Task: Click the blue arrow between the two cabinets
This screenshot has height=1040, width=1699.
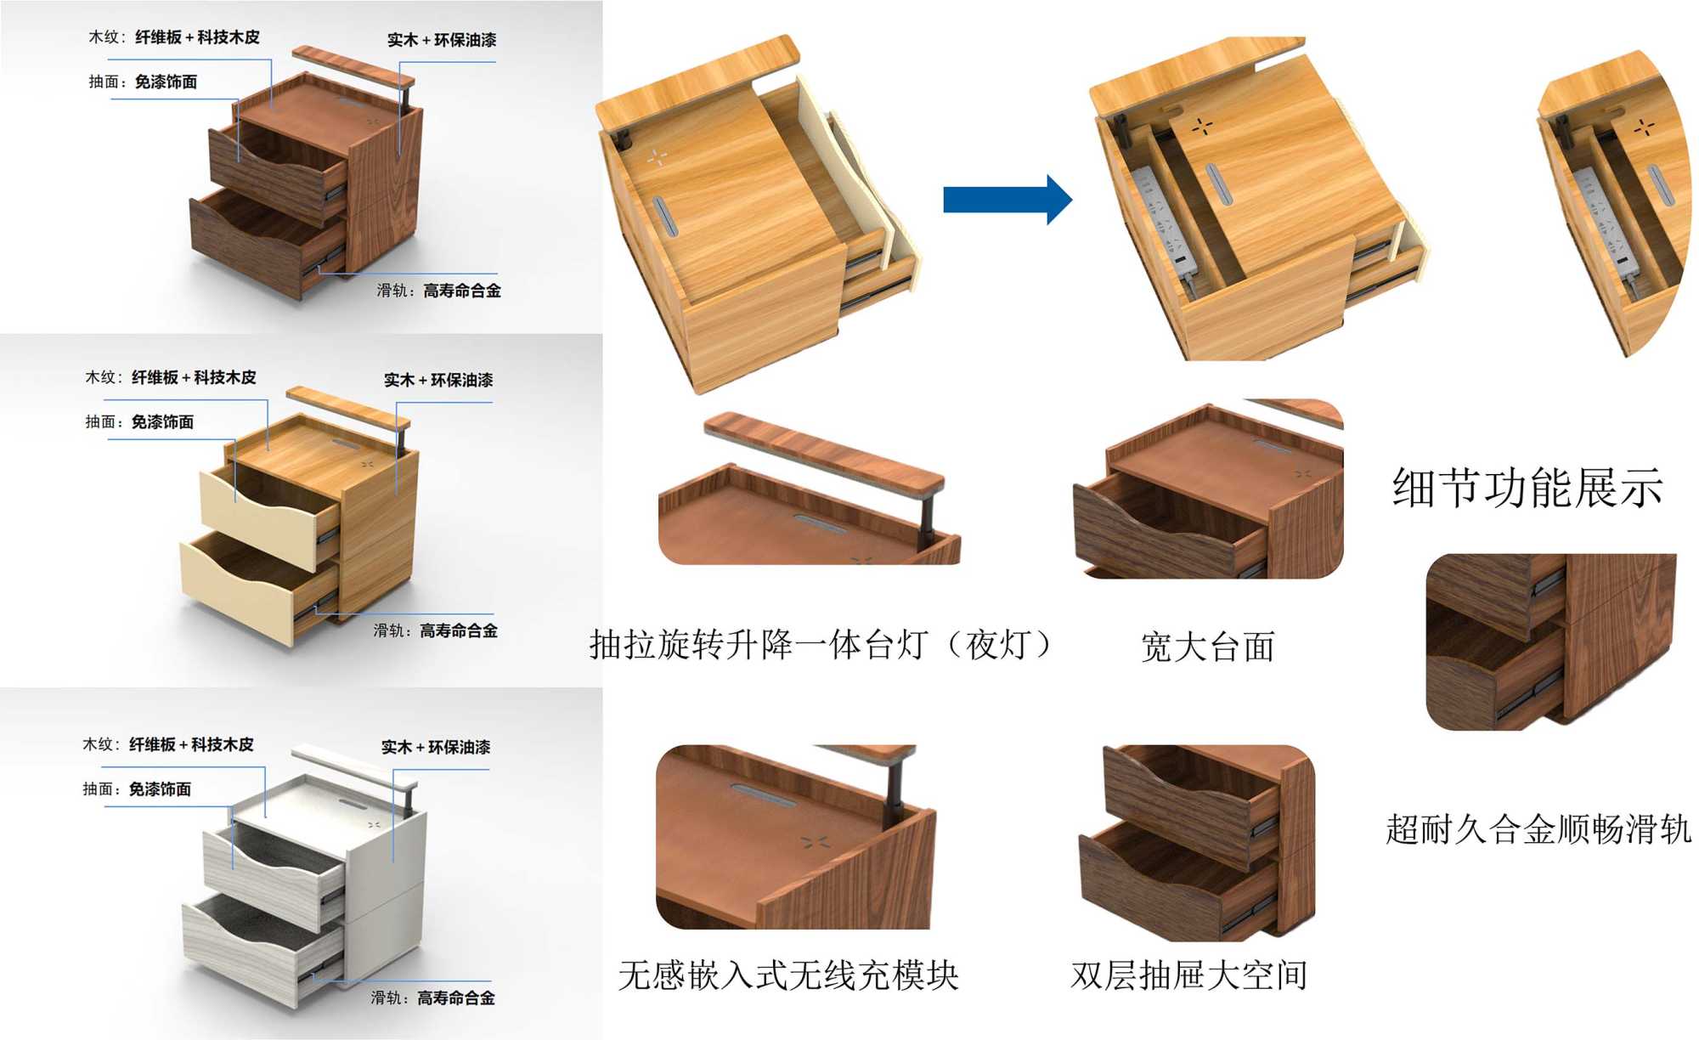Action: point(1007,200)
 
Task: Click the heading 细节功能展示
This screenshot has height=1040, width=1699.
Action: point(1527,489)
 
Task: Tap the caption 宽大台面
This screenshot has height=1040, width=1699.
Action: point(1207,647)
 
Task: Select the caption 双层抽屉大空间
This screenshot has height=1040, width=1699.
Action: point(1188,975)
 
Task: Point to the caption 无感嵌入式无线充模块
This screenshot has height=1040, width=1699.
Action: point(788,975)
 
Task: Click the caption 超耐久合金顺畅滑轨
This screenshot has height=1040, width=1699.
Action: point(1538,829)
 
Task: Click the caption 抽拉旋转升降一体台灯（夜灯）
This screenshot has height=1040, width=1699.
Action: point(821,645)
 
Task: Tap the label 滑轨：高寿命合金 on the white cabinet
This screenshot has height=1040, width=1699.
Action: point(432,998)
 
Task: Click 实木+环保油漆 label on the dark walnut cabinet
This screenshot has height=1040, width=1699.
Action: point(442,40)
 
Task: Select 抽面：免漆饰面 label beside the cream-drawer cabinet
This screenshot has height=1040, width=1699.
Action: point(139,421)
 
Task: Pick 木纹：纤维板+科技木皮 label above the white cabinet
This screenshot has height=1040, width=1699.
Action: point(167,744)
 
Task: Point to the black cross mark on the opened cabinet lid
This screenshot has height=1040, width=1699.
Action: point(1201,127)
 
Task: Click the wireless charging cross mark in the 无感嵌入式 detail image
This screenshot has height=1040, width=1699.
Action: point(815,842)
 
